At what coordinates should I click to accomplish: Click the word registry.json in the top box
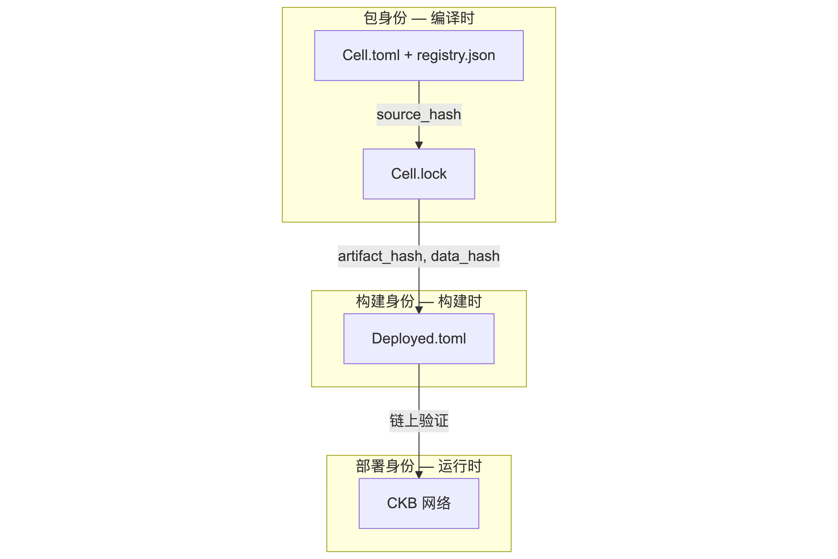pyautogui.click(x=456, y=56)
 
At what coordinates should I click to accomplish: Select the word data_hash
pyautogui.click(x=465, y=256)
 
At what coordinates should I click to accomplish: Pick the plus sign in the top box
pyautogui.click(x=408, y=56)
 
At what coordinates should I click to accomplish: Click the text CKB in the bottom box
pyautogui.click(x=402, y=503)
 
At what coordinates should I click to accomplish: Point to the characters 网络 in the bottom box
pyautogui.click(x=436, y=503)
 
